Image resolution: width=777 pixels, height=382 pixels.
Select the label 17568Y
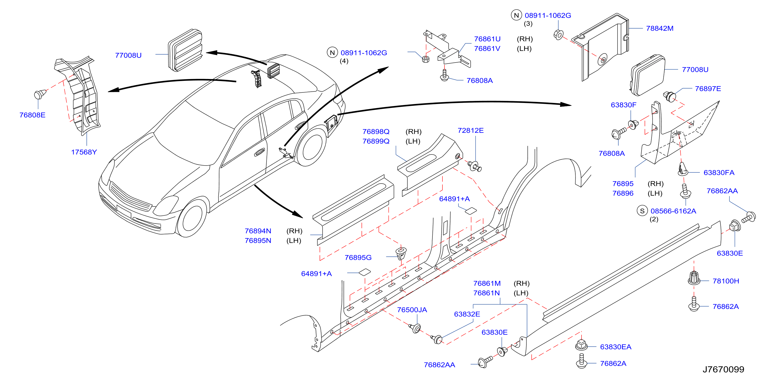[x=84, y=152]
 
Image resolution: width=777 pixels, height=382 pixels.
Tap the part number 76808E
[x=32, y=115]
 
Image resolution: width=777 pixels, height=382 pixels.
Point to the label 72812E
[x=471, y=130]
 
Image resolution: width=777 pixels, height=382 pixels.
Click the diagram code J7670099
[x=723, y=369]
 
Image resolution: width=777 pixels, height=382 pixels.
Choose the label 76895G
[x=358, y=257]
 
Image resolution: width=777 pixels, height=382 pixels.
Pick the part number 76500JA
[x=412, y=310]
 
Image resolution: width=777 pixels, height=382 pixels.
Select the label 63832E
[x=467, y=314]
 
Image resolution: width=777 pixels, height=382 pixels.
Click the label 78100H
[x=726, y=281]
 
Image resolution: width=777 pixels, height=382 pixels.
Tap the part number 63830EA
[x=616, y=347]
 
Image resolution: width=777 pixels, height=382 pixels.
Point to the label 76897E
[x=708, y=89]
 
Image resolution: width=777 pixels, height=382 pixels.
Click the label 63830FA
[x=719, y=172]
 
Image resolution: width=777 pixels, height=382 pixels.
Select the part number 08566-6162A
[x=673, y=211]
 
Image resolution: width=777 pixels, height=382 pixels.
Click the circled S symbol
[x=642, y=211]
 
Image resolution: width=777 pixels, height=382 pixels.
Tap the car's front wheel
[x=192, y=218]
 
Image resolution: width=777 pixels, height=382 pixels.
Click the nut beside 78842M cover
[x=558, y=35]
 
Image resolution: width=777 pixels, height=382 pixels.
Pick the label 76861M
[x=487, y=283]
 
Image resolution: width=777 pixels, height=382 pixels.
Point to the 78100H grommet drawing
[x=694, y=278]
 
